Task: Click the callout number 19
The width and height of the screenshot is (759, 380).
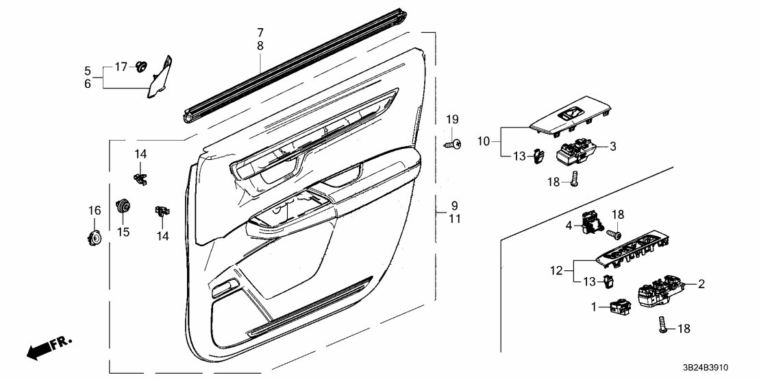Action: click(x=451, y=120)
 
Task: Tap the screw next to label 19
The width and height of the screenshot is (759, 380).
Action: click(x=453, y=144)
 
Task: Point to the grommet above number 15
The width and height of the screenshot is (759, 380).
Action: click(x=123, y=205)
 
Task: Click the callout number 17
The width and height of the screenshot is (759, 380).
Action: click(x=121, y=67)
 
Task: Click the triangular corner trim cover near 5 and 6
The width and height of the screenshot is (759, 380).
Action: click(x=162, y=78)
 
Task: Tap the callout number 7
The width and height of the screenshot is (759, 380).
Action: click(x=260, y=32)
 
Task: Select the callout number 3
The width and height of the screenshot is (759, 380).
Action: click(x=614, y=146)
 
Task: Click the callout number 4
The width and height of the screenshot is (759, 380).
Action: click(x=569, y=224)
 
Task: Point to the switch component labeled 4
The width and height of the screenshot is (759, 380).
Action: click(x=590, y=222)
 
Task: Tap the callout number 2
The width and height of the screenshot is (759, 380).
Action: click(x=702, y=283)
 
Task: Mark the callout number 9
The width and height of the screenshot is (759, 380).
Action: click(x=453, y=205)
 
